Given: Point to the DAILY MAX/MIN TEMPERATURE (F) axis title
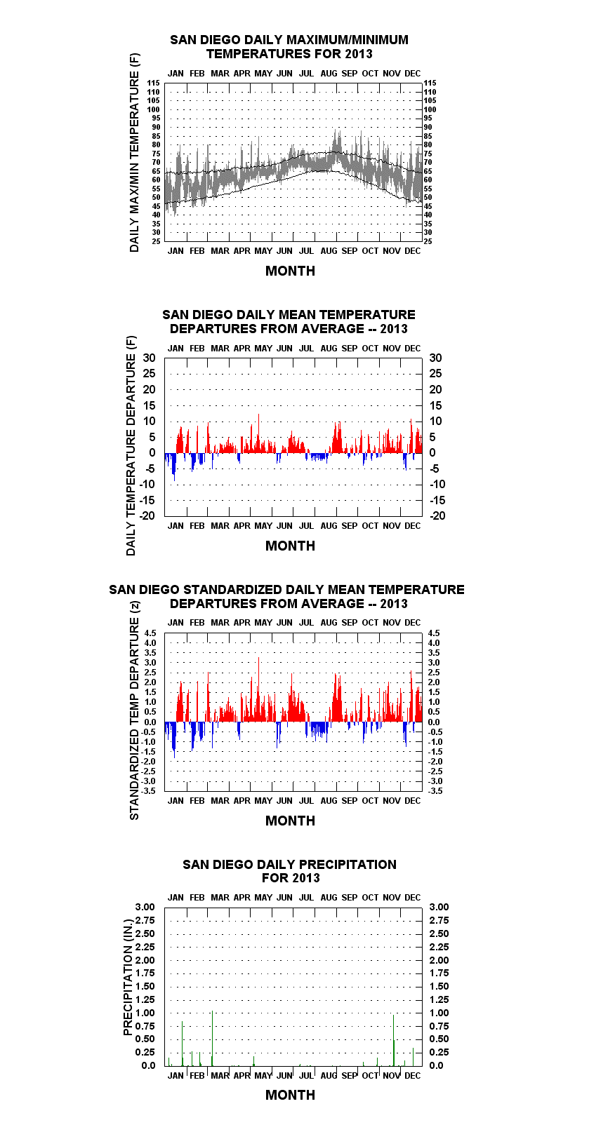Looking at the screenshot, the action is pos(134,152).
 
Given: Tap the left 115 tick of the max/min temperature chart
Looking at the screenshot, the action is pos(154,83).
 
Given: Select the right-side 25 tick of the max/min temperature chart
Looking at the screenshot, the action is pos(428,241).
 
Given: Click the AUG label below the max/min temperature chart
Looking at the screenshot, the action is pos(329,250).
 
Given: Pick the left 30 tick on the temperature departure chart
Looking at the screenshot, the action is pos(149,358).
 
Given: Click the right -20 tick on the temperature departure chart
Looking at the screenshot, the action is pos(437,515).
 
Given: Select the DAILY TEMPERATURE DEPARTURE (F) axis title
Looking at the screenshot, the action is pos(131,445).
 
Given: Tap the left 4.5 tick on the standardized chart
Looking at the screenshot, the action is pos(150,633).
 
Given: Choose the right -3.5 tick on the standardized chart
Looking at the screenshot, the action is pos(435,791).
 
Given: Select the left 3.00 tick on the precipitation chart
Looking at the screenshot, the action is pos(145,907).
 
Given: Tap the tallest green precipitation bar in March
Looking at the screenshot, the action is pos(212,1039).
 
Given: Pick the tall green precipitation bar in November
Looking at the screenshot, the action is pos(393,1041).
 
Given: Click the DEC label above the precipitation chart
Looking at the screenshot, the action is pos(412,897).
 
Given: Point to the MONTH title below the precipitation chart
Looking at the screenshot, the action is pos(291,1095).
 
